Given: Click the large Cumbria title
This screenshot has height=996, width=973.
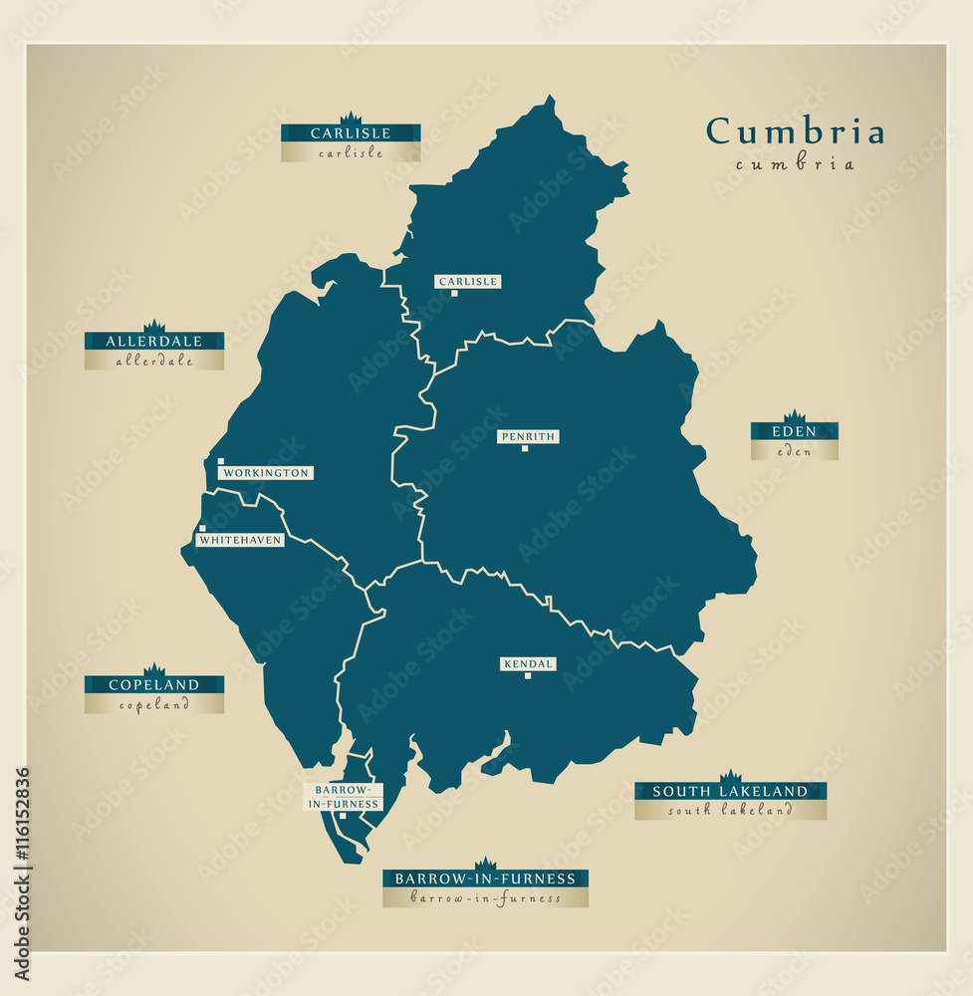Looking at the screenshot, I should coord(795,131).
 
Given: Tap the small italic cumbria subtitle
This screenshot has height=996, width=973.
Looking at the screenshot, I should coord(795,164).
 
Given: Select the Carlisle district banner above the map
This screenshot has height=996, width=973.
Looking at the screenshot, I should coord(351,133).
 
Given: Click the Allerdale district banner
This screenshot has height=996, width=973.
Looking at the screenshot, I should coord(154,342).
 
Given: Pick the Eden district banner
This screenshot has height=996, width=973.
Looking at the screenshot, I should coord(794,432).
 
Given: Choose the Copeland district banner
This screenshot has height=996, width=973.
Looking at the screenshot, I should coord(154,685).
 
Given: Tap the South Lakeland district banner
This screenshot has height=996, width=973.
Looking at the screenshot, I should coord(730,792).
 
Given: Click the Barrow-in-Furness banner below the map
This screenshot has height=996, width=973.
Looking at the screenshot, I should coord(485,878).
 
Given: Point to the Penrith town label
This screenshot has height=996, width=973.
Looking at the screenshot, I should coord(528,436).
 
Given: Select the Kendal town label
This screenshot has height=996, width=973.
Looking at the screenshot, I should coord(528,664).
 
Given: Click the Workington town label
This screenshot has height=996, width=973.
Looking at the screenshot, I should coord(266,473).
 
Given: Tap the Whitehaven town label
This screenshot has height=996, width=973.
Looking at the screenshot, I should coord(240,540).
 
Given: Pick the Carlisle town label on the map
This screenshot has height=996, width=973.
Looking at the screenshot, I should coord(467,282).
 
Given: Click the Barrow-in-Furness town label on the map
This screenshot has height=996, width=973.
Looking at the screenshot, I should coord(343,797).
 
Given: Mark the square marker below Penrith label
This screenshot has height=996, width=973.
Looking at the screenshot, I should coord(525,449).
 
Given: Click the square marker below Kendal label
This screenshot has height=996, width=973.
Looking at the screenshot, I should coord(527,677).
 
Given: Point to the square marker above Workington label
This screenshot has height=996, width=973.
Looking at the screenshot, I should coord(221,461).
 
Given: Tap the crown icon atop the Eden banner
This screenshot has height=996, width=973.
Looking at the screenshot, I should coord(794,416).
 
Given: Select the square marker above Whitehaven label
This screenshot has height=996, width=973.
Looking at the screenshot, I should coord(202,529).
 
